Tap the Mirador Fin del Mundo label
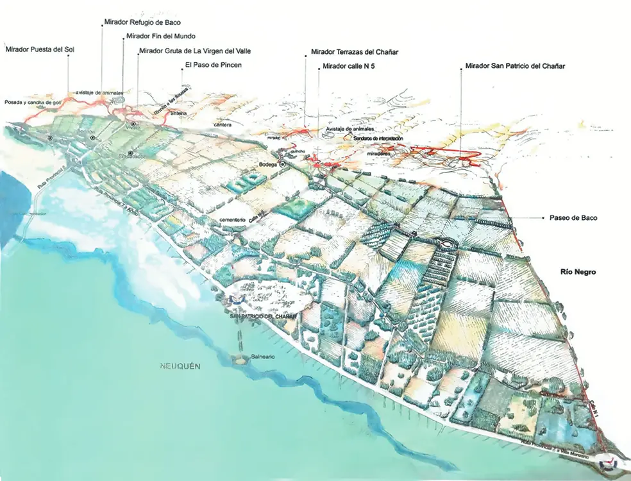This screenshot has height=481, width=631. coord(161,36)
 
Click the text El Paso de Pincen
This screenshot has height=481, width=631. coord(213,65)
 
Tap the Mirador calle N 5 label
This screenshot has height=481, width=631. coord(353,66)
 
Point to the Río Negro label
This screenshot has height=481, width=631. coord(578,272)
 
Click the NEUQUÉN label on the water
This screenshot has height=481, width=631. coord(180,366)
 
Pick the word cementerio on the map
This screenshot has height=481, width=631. coord(233,220)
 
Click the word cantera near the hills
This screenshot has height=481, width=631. coord(223,124)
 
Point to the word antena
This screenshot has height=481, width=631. coord(179,114)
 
